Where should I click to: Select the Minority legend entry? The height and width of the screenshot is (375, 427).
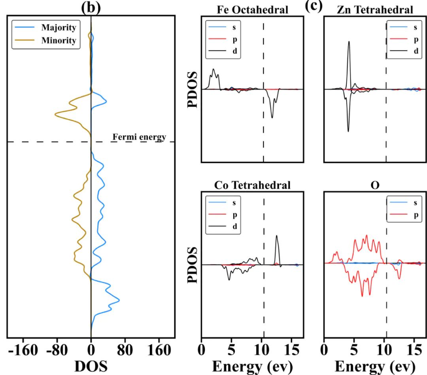[x=59, y=40]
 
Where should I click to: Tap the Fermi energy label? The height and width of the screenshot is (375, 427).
[x=140, y=137]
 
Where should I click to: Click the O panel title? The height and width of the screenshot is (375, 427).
[x=374, y=185]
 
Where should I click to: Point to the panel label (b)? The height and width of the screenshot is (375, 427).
[x=91, y=7]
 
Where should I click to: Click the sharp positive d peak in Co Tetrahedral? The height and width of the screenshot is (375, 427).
[x=277, y=236]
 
